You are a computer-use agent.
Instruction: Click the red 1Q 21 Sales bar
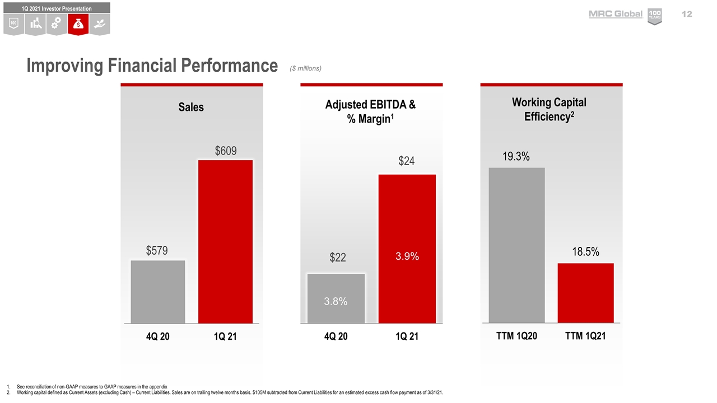pyautogui.click(x=225, y=241)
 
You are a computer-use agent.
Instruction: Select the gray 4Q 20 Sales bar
pyautogui.click(x=158, y=291)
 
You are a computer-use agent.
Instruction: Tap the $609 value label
pyautogui.click(x=226, y=151)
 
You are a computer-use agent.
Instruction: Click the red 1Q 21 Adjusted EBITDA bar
pyautogui.click(x=407, y=224)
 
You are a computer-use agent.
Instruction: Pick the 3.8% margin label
pyautogui.click(x=336, y=301)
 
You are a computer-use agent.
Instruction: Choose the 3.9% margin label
pyautogui.click(x=407, y=256)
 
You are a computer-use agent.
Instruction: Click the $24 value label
pyautogui.click(x=407, y=161)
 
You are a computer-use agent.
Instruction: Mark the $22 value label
pyautogui.click(x=337, y=257)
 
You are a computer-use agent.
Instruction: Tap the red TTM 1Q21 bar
pyautogui.click(x=586, y=292)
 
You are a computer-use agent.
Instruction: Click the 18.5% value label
pyautogui.click(x=586, y=252)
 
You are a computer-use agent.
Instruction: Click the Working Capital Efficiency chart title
pyautogui.click(x=549, y=109)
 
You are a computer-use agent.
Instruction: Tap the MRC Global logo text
pyautogui.click(x=616, y=14)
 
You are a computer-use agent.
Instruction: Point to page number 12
pyautogui.click(x=687, y=14)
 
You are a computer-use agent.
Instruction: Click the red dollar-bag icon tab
pyautogui.click(x=78, y=24)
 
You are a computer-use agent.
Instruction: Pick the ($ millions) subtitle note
pyautogui.click(x=305, y=68)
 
